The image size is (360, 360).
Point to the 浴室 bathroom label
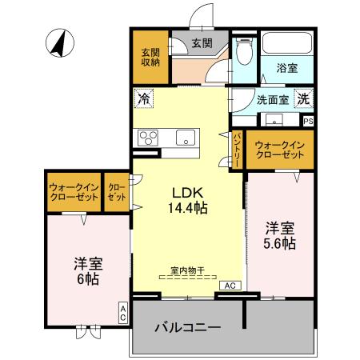pyautogui.click(x=288, y=70)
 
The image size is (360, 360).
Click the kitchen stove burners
pyautogui.click(x=149, y=136)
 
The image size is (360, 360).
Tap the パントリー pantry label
pyautogui.click(x=238, y=150)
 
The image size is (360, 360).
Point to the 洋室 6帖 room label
pyautogui.click(x=87, y=271)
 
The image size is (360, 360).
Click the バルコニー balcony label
pyautogui.click(x=186, y=328)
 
